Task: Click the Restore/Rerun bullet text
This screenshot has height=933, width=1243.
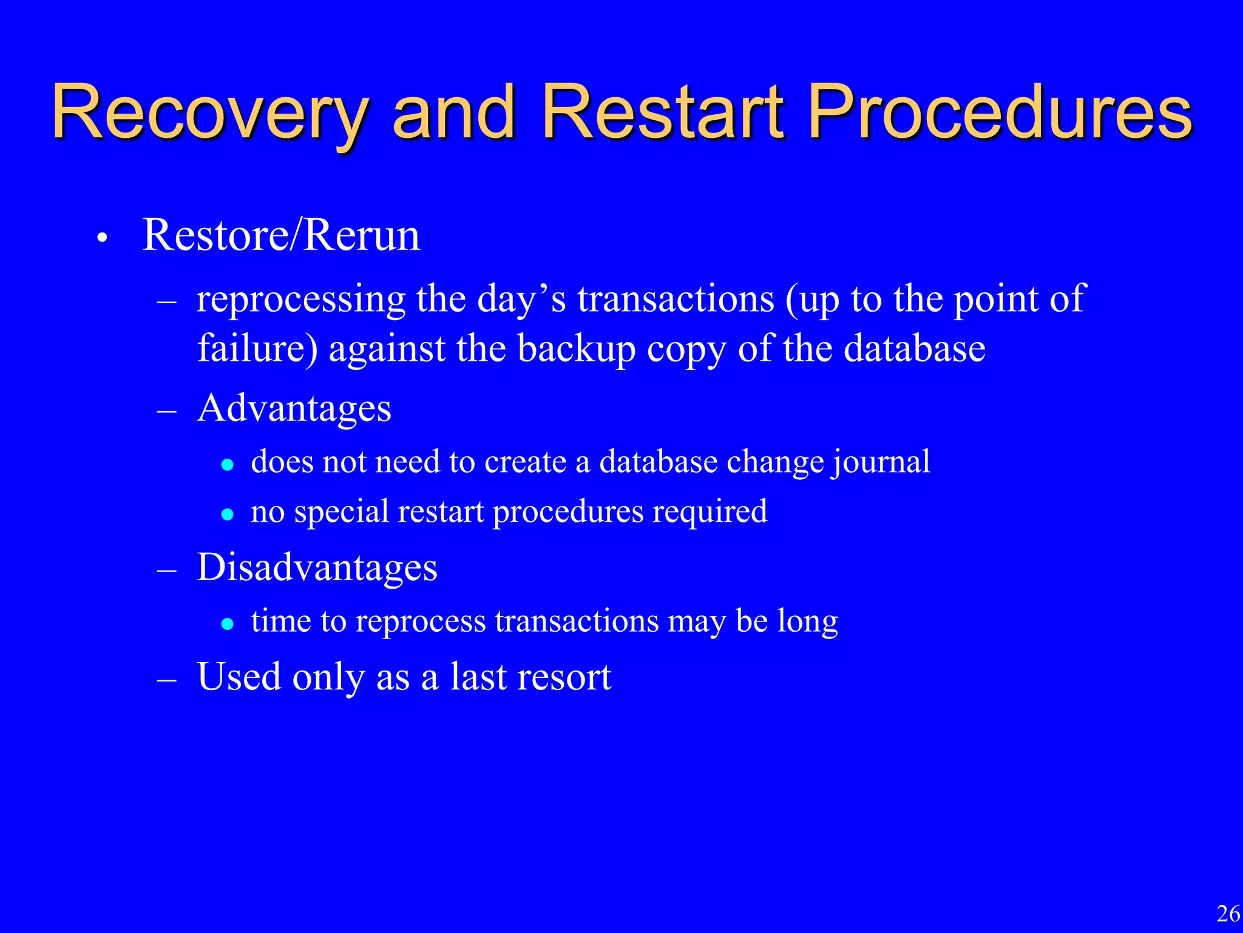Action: click(281, 236)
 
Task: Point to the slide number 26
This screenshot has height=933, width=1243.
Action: click(1228, 914)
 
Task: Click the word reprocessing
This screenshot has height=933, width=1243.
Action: click(301, 300)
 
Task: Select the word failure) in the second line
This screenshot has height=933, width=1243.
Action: click(257, 349)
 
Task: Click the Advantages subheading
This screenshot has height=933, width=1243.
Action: click(294, 408)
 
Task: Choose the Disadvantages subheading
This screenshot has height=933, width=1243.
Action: click(317, 568)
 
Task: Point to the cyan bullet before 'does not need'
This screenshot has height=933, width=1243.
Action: click(228, 465)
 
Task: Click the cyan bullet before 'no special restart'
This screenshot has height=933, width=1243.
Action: click(228, 515)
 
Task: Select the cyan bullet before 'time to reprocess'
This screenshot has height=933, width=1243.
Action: click(228, 624)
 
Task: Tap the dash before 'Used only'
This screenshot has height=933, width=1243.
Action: click(166, 681)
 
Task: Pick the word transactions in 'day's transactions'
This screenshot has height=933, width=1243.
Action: click(676, 300)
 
